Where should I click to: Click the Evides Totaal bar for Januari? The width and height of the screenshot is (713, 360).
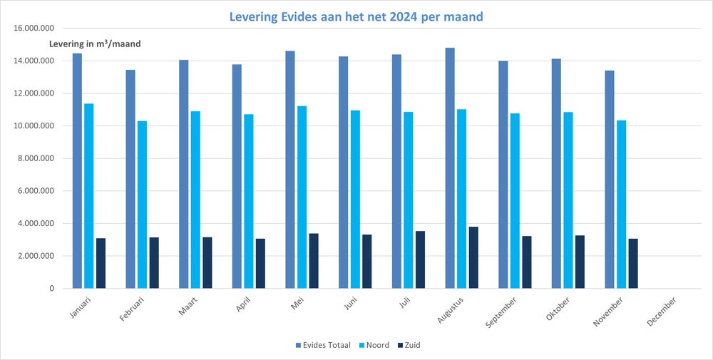tap(77, 171)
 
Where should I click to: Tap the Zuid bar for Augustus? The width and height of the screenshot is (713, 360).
tap(473, 257)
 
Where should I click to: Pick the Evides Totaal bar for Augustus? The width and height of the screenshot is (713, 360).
tap(449, 168)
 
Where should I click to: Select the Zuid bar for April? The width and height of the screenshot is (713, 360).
tap(260, 263)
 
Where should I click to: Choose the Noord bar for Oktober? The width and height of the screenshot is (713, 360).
tap(568, 200)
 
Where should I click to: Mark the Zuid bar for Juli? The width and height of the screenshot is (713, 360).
tap(420, 259)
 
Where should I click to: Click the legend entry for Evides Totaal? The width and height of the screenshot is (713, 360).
tap(322, 345)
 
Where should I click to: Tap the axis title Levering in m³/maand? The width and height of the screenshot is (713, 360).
tap(95, 44)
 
